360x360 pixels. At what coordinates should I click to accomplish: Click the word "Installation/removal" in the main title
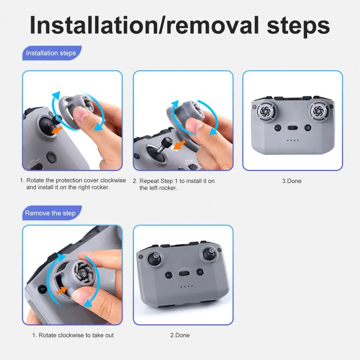[145, 25]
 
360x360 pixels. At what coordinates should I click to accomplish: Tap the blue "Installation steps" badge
[52, 53]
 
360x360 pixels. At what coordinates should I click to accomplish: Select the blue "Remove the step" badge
[52, 213]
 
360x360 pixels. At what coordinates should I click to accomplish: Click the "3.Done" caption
[292, 181]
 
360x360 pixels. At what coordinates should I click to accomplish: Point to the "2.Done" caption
[180, 335]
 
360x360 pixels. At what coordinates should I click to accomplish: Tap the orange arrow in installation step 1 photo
[57, 130]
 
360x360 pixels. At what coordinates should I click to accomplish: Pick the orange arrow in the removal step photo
[61, 290]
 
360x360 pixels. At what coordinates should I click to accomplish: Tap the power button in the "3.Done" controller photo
[308, 128]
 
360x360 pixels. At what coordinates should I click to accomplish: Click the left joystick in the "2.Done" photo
[155, 259]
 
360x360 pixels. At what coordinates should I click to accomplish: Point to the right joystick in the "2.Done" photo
[210, 254]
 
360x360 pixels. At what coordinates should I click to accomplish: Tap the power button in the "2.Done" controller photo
[200, 272]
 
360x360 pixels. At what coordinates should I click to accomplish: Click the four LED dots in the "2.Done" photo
[186, 286]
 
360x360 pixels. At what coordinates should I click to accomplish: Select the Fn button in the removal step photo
[42, 289]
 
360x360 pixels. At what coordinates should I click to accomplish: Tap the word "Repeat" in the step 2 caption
[149, 181]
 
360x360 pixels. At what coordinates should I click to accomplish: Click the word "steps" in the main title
[298, 26]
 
